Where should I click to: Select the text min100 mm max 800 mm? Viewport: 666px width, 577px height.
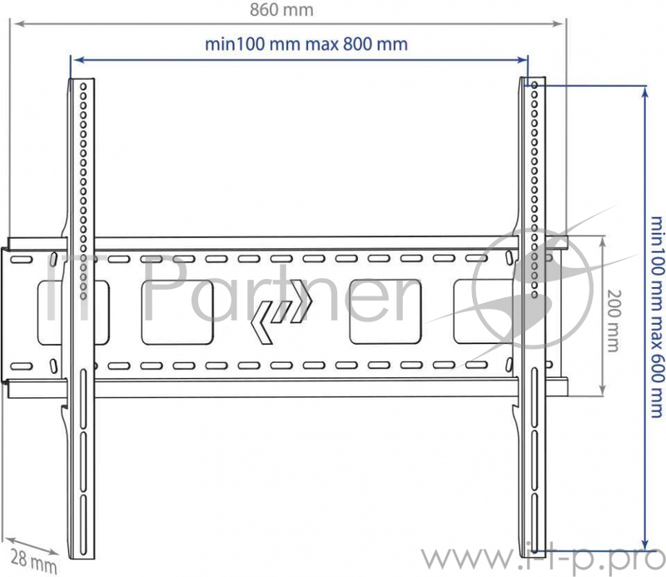(306, 44)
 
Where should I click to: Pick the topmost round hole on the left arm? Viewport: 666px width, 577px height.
(84, 87)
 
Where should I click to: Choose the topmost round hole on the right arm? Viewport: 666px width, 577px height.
(533, 87)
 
